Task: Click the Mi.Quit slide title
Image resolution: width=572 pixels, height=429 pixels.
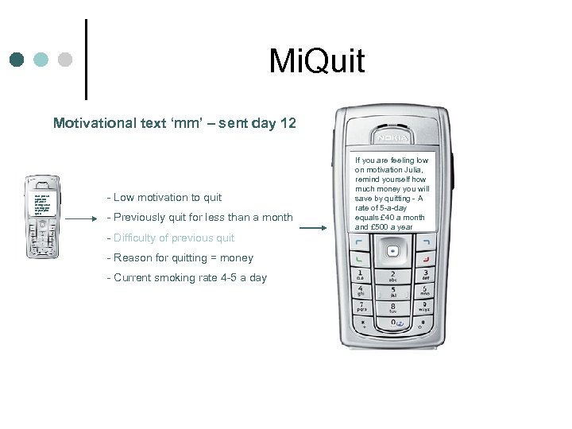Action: [317, 60]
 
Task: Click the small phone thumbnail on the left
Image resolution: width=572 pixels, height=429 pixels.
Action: [42, 214]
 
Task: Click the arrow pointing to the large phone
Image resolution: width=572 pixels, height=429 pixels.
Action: [314, 229]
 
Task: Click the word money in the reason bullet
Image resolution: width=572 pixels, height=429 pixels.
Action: [238, 257]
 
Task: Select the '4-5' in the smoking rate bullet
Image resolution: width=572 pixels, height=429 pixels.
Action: [226, 277]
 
